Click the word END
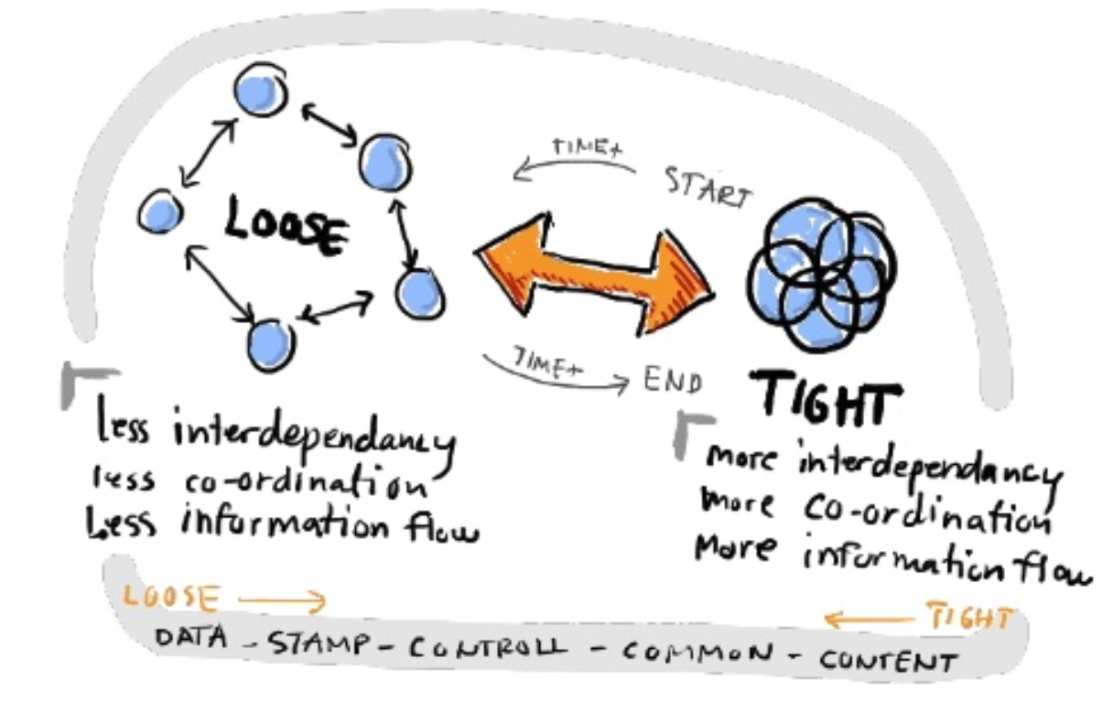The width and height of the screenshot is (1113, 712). (673, 378)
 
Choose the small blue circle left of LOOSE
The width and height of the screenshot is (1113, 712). (160, 212)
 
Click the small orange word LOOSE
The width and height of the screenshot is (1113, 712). (171, 598)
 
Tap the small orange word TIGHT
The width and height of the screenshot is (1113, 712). (969, 620)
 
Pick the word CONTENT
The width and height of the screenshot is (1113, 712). (888, 659)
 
